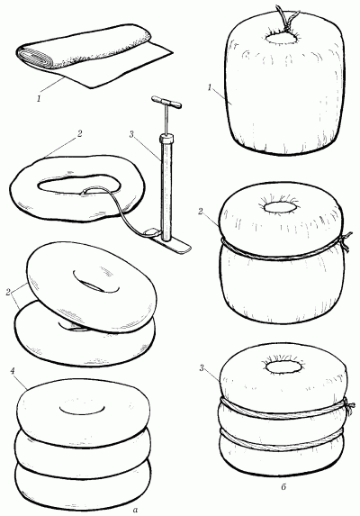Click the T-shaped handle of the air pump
(166, 102)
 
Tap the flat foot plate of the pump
(169, 242)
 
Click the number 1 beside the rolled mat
(39, 98)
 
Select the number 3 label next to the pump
(131, 134)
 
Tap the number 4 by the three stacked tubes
(13, 371)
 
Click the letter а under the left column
(134, 510)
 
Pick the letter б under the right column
(284, 486)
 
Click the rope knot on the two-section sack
(345, 242)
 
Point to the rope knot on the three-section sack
(349, 407)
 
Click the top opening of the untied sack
(283, 38)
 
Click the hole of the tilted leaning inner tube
(96, 282)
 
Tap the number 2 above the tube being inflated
(79, 134)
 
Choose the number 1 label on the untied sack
(210, 87)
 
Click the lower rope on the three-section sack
(282, 441)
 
